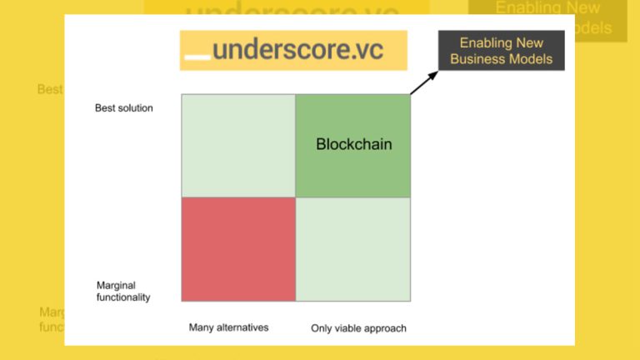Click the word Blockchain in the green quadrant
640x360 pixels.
[353, 144]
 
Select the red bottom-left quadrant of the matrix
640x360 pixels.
[238, 249]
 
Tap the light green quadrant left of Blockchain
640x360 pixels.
[238, 146]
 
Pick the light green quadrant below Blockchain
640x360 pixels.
[353, 249]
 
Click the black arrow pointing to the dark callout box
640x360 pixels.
[423, 82]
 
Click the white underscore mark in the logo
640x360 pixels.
[197, 57]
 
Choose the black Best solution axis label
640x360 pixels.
[124, 108]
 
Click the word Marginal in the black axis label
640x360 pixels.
[116, 284]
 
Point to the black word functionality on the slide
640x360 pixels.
[123, 297]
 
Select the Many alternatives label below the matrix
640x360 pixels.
[229, 327]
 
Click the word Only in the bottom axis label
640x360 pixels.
[322, 328]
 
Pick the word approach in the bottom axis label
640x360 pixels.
[387, 328]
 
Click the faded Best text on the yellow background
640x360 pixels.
[49, 89]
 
